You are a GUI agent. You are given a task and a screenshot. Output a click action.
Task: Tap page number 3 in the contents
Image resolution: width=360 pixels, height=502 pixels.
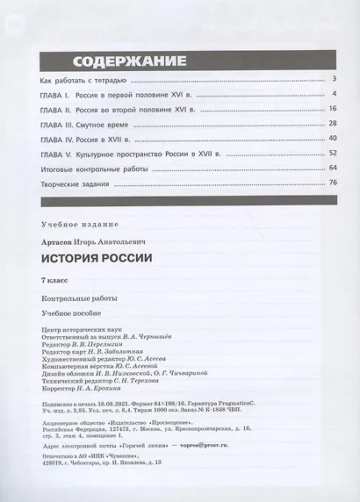click(336, 79)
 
